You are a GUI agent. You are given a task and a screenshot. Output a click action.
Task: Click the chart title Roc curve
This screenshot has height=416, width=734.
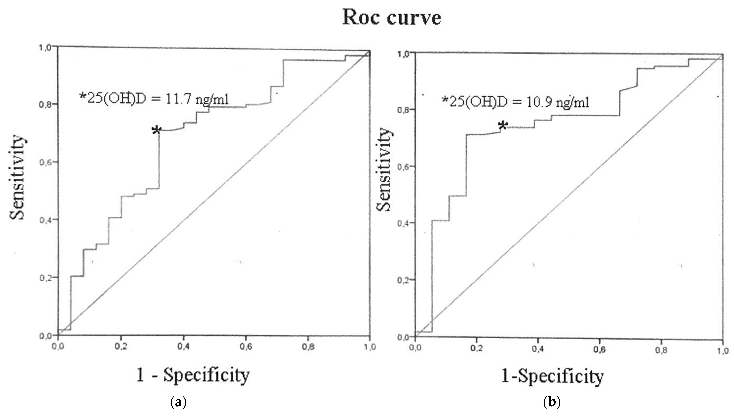[392, 18]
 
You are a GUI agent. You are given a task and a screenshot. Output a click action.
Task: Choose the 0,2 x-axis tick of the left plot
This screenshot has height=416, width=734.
[121, 347]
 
